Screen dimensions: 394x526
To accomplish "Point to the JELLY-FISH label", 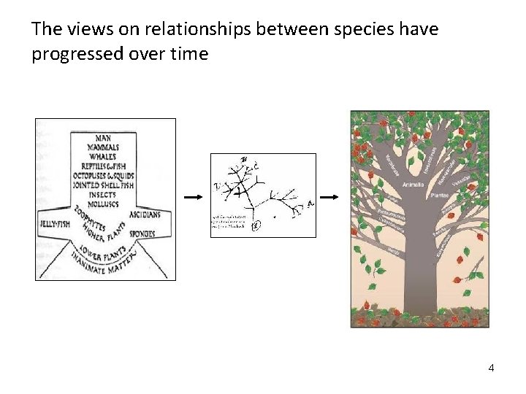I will pyautogui.click(x=55, y=224).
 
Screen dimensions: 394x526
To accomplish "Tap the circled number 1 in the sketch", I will pyautogui.click(x=255, y=225).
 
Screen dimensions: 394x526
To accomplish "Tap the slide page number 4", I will pyautogui.click(x=491, y=368).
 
